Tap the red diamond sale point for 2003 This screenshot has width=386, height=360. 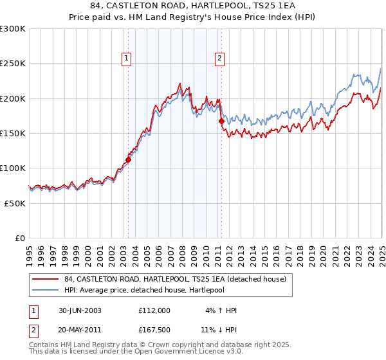(x=128, y=160)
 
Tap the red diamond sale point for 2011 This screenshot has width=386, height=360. (x=221, y=121)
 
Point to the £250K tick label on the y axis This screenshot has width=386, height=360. (x=13, y=64)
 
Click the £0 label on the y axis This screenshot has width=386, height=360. (x=20, y=238)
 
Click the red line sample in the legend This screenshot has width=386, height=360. (x=45, y=279)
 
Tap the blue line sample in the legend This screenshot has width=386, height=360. (x=45, y=290)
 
